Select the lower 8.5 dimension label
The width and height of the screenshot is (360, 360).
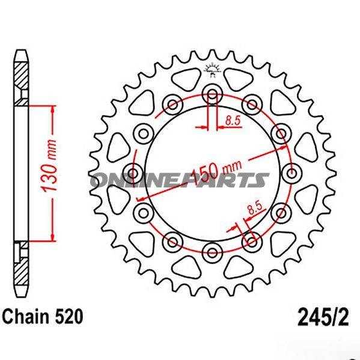pyautogui.click(x=254, y=209)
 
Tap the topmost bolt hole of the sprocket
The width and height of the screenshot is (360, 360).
pyautogui.click(x=211, y=94)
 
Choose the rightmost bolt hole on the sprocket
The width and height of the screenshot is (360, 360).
pyautogui.click(x=292, y=174)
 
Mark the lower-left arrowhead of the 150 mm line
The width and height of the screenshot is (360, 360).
pyautogui.click(x=140, y=198)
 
